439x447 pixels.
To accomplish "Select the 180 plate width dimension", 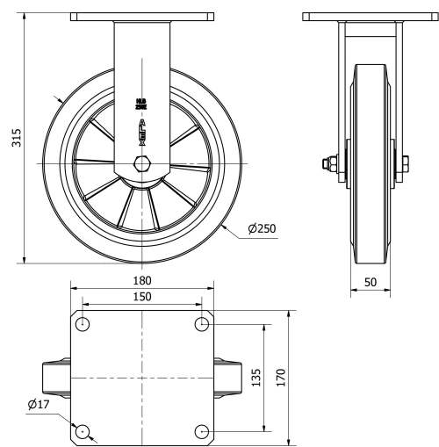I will (x=142, y=280).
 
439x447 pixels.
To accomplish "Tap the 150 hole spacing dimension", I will (x=142, y=297).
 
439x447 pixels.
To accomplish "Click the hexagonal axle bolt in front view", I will (x=140, y=164).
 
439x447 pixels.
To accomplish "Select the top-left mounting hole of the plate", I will (x=83, y=324).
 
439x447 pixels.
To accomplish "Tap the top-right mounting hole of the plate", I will (x=202, y=324).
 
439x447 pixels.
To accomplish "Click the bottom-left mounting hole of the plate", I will (x=83, y=431).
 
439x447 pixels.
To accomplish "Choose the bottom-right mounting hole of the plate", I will (x=202, y=431).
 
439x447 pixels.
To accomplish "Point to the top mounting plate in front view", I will (x=141, y=17).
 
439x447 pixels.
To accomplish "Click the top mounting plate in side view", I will (x=370, y=17).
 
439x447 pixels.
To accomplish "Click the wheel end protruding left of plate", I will (x=58, y=378).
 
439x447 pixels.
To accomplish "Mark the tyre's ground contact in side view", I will (x=370, y=259).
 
